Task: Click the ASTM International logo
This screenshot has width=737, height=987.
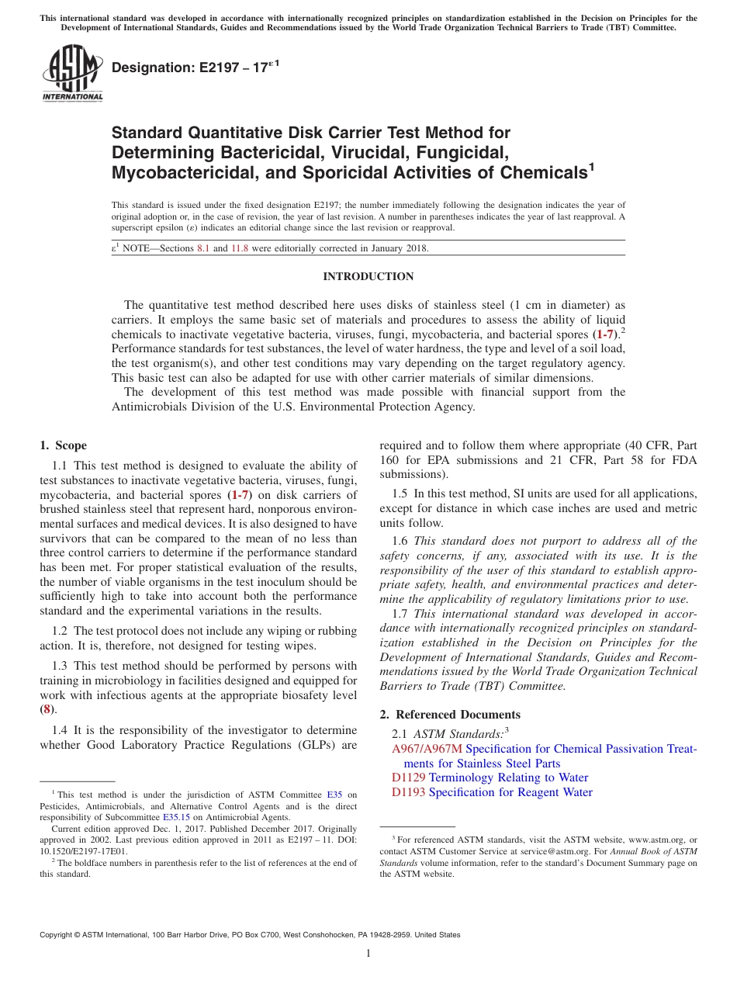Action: [71, 74]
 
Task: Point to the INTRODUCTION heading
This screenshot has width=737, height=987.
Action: [368, 277]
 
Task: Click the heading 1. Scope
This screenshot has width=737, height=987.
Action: [63, 445]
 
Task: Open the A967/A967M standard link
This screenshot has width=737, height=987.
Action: [427, 749]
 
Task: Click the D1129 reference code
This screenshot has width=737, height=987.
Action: [408, 777]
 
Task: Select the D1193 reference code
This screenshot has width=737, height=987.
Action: [408, 792]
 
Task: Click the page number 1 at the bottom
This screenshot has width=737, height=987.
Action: [368, 954]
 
